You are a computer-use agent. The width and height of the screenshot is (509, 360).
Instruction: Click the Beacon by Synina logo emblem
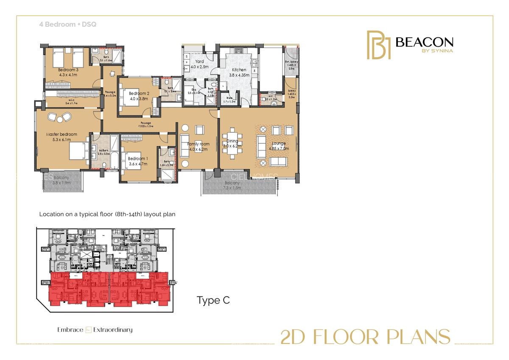pos(378,45)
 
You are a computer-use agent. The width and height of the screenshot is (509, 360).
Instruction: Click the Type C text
pos(213,301)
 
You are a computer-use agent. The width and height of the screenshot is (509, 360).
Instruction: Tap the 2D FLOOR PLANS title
pos(365,337)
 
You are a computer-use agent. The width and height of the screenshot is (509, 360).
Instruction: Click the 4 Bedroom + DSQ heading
pos(67,25)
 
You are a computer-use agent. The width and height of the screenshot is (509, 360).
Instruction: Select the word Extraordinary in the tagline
pos(113,330)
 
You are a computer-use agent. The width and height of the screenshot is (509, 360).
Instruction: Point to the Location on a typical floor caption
pos(107,215)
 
